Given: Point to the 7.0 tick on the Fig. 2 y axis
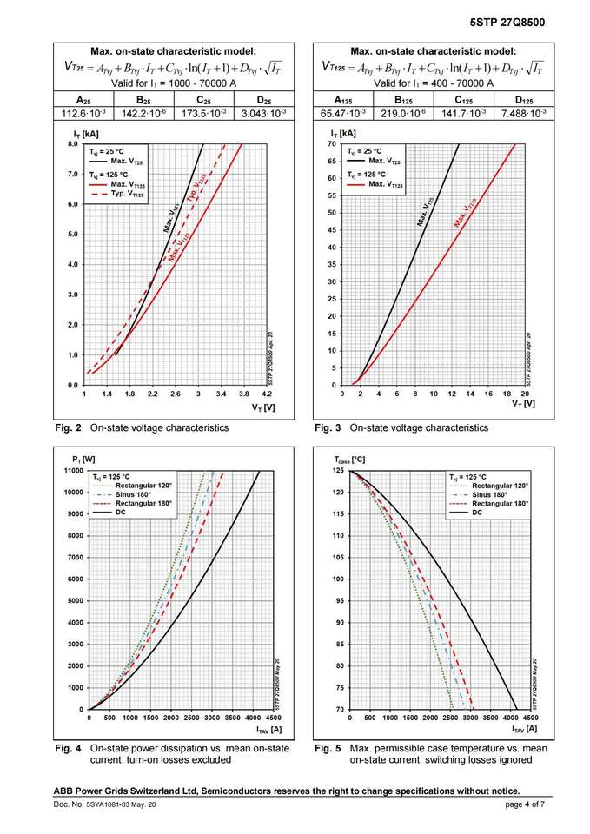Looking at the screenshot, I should pyautogui.click(x=72, y=175).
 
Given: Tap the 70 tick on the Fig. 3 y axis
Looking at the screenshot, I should pyautogui.click(x=331, y=144).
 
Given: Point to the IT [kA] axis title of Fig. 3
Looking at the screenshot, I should pyautogui.click(x=344, y=134).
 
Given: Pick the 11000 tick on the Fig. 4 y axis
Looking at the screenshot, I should pyautogui.click(x=70, y=471).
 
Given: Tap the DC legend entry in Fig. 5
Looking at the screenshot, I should pyautogui.click(x=476, y=513).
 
